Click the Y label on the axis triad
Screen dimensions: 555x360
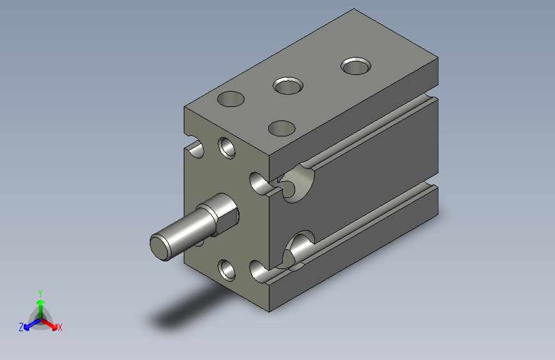40,293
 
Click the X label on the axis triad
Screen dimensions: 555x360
60,327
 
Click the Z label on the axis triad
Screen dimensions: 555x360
21,327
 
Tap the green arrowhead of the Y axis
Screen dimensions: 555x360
41,302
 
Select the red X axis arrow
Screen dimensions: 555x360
49,324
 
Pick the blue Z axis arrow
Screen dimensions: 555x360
33,324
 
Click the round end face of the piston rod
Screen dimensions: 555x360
160,247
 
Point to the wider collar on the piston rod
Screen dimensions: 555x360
220,214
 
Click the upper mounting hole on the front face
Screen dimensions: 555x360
227,148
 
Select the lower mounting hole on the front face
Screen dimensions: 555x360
227,270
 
